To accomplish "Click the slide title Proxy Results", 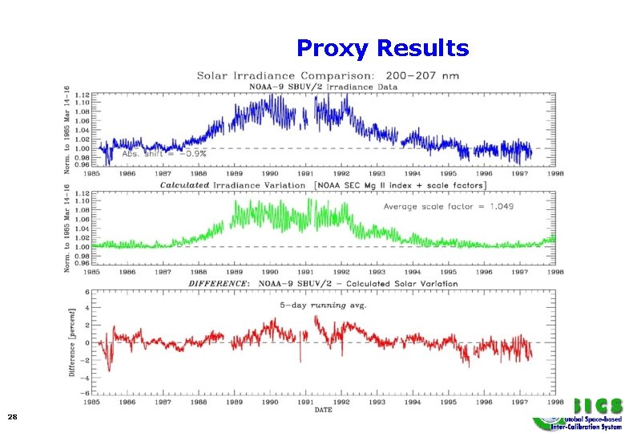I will (x=382, y=49).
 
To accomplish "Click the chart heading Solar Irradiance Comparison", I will (x=329, y=76).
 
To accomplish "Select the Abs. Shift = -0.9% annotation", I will (x=163, y=154).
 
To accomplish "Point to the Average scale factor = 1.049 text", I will (x=449, y=206).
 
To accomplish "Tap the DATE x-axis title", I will (x=323, y=410).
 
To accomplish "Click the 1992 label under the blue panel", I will (x=342, y=173).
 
